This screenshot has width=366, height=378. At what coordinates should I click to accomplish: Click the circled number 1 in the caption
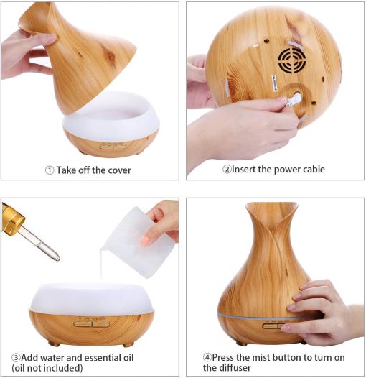click(50, 170)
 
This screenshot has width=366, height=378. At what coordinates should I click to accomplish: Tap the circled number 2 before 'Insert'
click(227, 169)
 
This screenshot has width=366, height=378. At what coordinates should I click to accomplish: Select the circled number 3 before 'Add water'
click(16, 357)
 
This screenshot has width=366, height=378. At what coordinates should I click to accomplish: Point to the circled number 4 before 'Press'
click(207, 357)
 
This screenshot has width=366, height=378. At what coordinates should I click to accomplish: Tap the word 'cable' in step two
click(314, 169)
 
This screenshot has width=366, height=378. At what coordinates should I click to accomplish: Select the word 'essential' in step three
click(103, 357)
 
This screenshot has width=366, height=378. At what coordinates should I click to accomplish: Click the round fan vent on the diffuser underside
click(292, 60)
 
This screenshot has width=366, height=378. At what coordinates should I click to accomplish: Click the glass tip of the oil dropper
click(57, 257)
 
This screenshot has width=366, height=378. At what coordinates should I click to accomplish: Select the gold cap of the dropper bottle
click(12, 216)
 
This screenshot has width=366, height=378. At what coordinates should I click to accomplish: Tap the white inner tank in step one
click(111, 116)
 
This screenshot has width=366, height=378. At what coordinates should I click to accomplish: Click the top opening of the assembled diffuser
click(271, 206)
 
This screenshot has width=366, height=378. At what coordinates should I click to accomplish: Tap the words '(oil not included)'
click(47, 368)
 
